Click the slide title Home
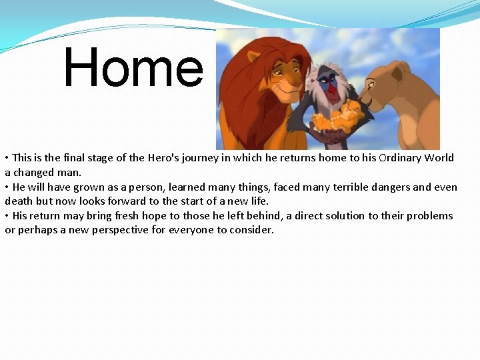[x=133, y=68]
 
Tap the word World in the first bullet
[x=440, y=158]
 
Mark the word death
[x=20, y=201]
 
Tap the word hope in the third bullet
[x=175, y=215]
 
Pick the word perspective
[x=120, y=230]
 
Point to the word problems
[x=429, y=215]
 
